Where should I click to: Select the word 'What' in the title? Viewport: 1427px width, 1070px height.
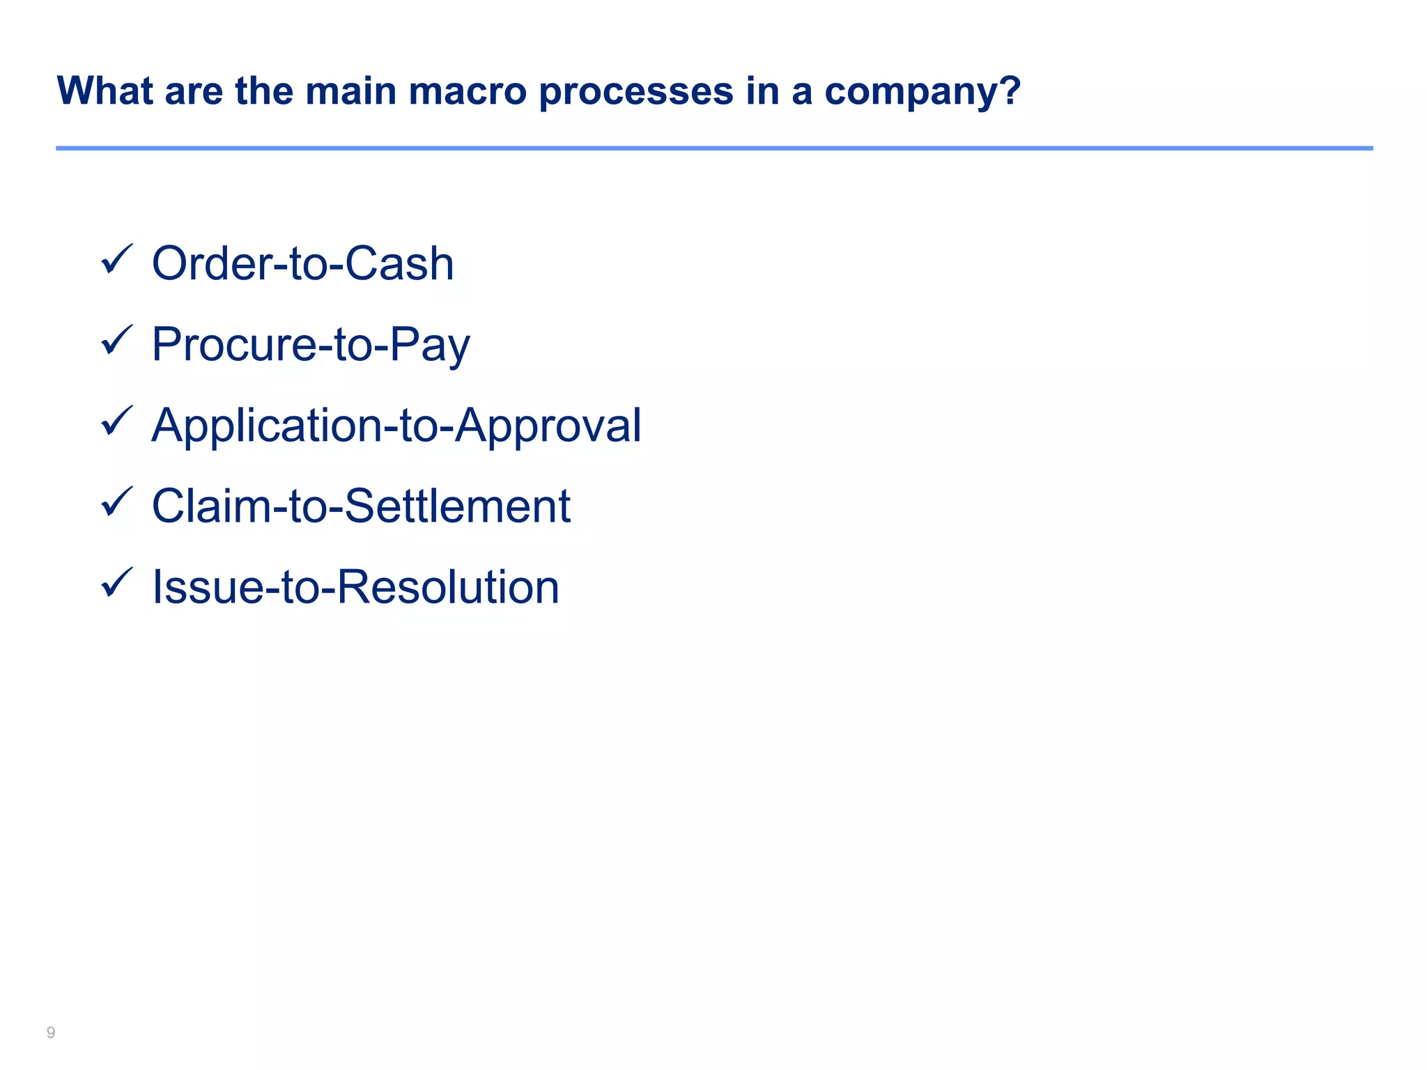[x=105, y=91]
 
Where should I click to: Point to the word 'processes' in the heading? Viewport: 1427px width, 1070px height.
[x=636, y=91]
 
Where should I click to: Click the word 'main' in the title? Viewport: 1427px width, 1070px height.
[x=350, y=91]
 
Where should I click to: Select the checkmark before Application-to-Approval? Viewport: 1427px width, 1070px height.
[x=116, y=421]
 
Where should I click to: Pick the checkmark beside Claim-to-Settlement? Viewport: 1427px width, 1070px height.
[x=116, y=502]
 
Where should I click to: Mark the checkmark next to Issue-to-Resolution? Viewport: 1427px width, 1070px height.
[x=116, y=583]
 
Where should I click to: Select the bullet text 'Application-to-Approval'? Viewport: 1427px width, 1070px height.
[x=396, y=425]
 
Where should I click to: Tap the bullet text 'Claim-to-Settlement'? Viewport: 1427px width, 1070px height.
[x=361, y=506]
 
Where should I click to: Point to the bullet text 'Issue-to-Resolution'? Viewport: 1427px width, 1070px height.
[x=355, y=587]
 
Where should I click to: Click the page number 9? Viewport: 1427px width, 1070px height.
[x=51, y=1032]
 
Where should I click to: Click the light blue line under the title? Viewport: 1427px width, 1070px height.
[x=713, y=148]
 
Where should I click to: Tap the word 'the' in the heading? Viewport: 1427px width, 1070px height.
[x=264, y=91]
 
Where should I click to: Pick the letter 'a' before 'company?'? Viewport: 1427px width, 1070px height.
[x=802, y=93]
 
